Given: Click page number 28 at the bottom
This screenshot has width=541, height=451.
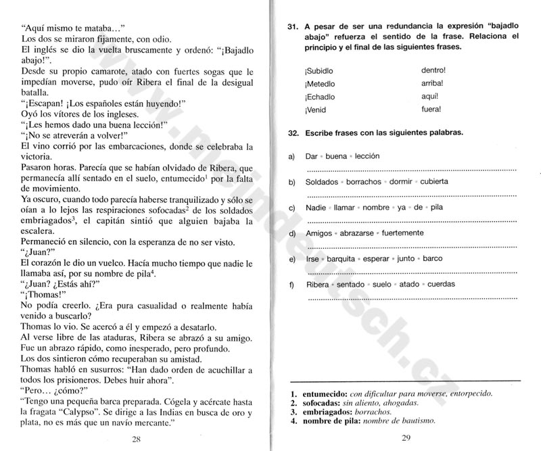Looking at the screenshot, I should pos(136,440).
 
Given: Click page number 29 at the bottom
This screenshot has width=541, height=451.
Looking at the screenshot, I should pos(406,440).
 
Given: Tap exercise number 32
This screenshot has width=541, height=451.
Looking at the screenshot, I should pos(293,133).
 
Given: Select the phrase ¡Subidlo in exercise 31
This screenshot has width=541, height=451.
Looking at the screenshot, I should pos(319,70).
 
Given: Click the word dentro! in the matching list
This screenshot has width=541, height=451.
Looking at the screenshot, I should pos(433,70).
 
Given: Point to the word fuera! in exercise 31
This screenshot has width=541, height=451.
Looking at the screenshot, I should pos(431,108).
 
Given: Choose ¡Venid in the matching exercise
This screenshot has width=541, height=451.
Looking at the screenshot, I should pos(316,109).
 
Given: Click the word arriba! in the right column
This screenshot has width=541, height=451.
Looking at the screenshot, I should pos(433,82).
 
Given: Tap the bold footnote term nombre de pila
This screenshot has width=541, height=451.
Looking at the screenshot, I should pos(329,421).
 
